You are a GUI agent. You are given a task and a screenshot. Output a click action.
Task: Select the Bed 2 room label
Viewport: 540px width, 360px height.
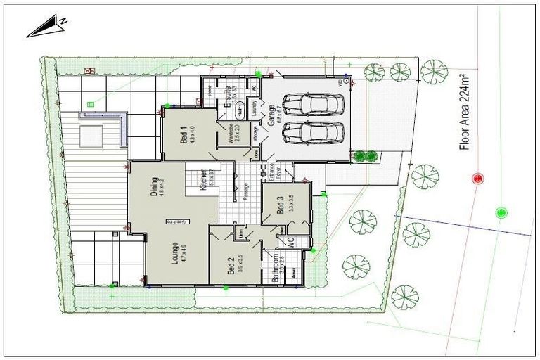coord(233,265)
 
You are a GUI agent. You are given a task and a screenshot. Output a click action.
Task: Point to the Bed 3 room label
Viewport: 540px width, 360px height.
coord(281,204)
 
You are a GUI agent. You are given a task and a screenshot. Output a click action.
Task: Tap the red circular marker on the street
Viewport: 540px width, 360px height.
coord(479,179)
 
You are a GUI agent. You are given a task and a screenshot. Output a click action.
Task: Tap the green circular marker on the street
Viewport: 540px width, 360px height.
coord(501,212)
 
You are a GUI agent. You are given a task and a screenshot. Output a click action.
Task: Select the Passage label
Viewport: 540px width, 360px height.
coord(245,189)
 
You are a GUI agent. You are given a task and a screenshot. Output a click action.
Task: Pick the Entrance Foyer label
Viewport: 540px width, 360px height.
coord(268,172)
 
